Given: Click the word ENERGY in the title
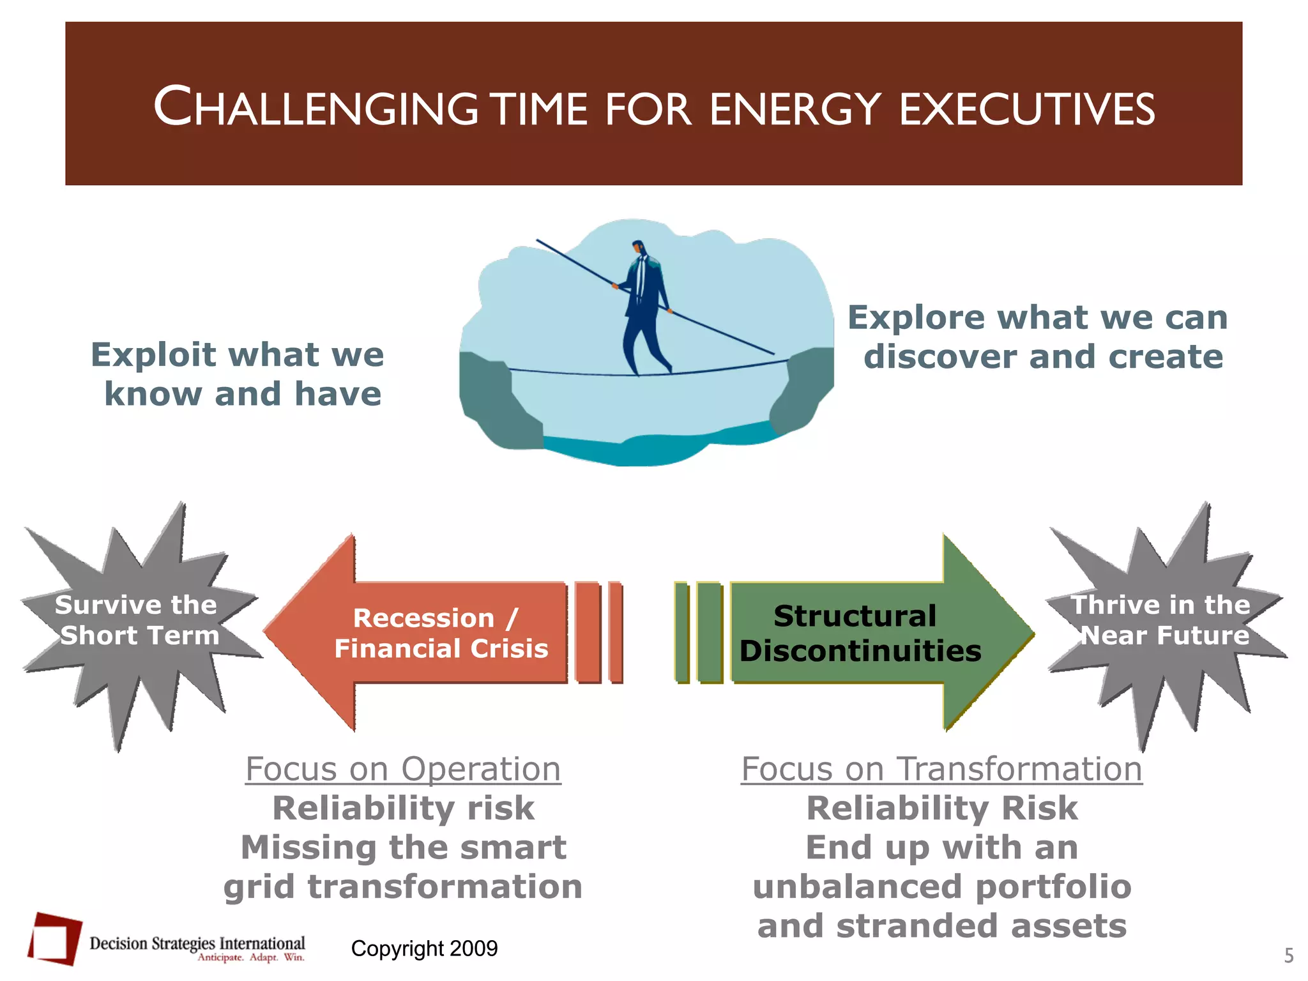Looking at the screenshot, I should click(795, 109).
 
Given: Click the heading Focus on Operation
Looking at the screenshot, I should click(403, 769).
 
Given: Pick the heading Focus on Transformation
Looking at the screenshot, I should click(941, 769).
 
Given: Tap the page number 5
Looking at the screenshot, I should click(1289, 956).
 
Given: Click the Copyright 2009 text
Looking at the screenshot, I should click(424, 948).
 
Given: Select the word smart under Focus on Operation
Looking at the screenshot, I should click(513, 848).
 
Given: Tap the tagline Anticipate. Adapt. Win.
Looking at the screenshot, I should click(251, 957).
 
